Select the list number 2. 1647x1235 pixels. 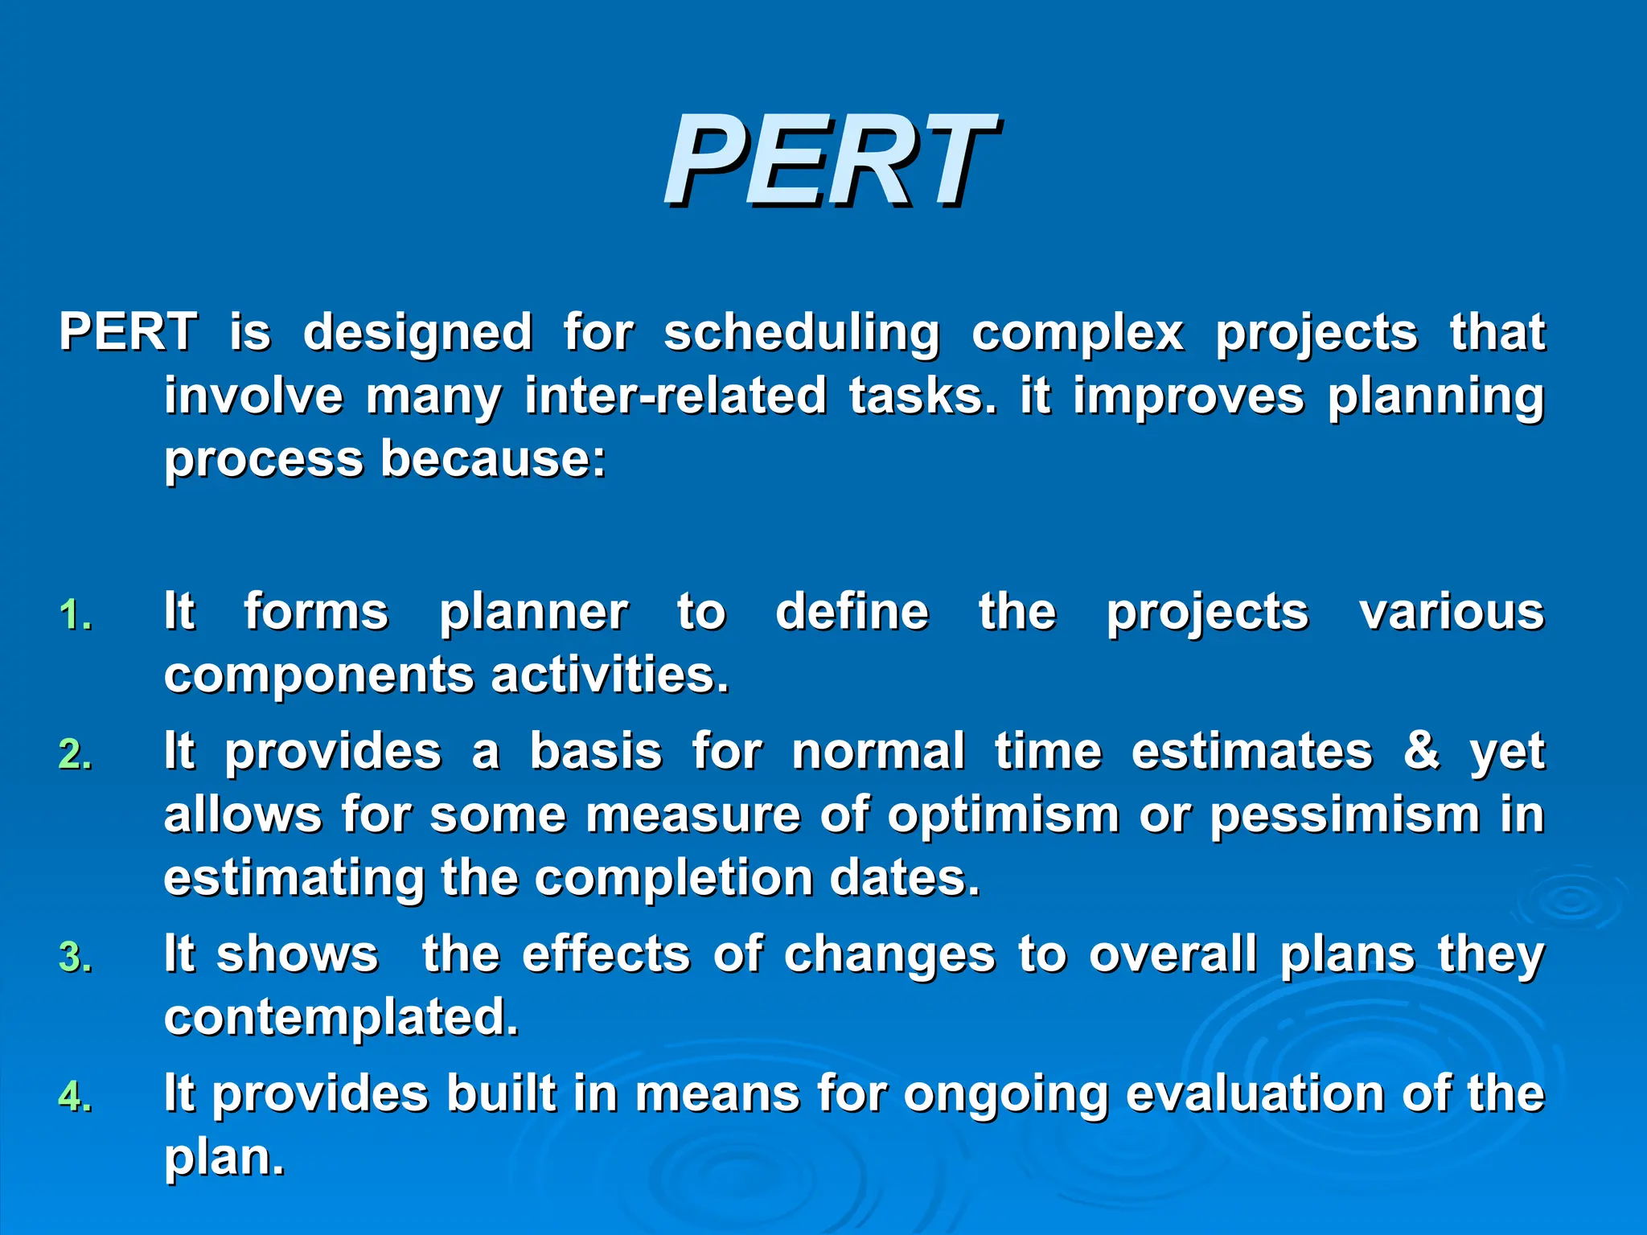[x=76, y=755]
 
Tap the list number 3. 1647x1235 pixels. [x=76, y=958]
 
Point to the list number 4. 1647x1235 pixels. [x=76, y=1098]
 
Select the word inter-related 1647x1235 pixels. [x=676, y=396]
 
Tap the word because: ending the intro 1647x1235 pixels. [x=493, y=459]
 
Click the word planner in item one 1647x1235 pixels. [x=533, y=613]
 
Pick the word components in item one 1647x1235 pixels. [x=319, y=675]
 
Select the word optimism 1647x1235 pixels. [x=1004, y=814]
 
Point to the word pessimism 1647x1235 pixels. [x=1345, y=814]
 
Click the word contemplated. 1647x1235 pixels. [x=342, y=1018]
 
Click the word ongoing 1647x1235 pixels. [x=1006, y=1096]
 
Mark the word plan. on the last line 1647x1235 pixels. [x=224, y=1159]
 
